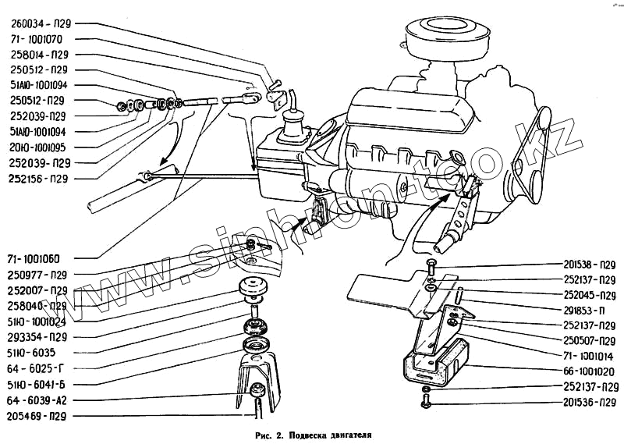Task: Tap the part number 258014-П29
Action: tap(41, 55)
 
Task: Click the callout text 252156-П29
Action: tap(41, 179)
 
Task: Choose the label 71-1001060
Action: tap(39, 258)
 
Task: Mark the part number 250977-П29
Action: tap(39, 275)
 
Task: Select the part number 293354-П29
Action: tap(39, 337)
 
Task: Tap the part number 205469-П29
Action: tap(39, 417)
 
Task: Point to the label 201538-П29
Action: tap(590, 264)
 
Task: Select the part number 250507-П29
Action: tap(590, 341)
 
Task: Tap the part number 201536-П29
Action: tap(590, 403)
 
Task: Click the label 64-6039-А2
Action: tap(39, 400)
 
